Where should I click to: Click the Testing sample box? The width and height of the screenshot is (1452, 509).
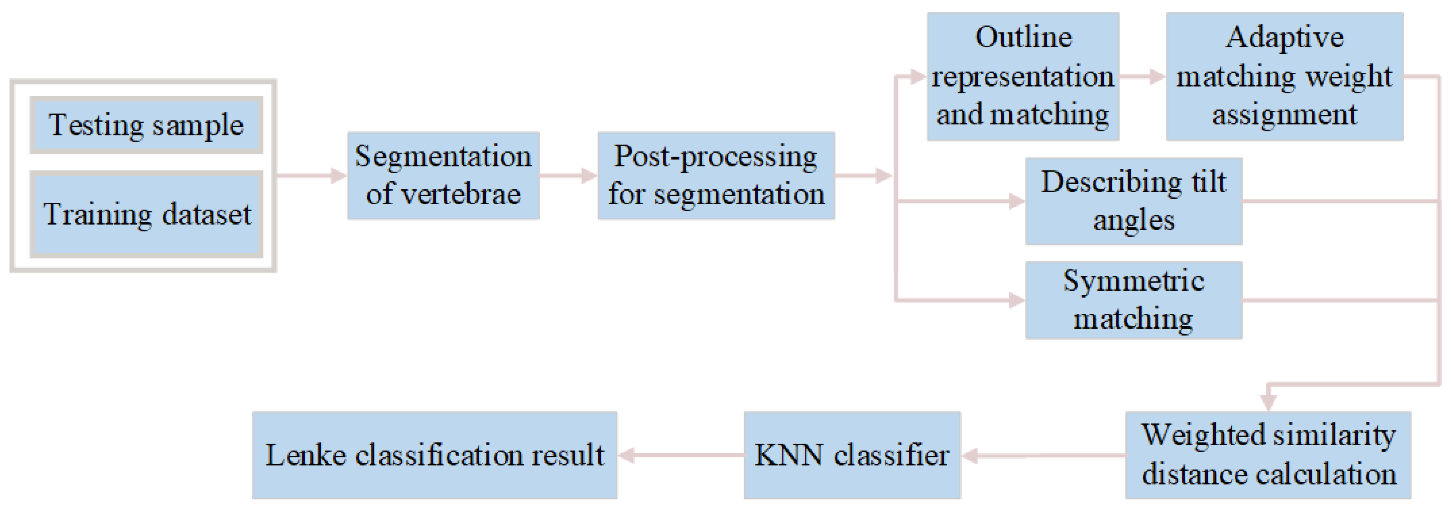pos(146,125)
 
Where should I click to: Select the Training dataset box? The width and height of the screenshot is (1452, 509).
pos(146,214)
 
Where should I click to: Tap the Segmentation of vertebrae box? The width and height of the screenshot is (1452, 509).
pos(443,175)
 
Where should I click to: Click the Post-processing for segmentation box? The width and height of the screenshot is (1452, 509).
pos(716,175)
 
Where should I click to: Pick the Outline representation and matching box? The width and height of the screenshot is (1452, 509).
pos(1023,76)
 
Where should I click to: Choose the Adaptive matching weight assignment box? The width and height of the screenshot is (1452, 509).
pos(1284,76)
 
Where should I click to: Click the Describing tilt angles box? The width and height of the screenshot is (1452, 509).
pos(1133,201)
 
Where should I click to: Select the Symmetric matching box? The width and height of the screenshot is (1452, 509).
pos(1133,300)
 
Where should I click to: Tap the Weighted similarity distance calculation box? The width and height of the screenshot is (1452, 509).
pos(1268,455)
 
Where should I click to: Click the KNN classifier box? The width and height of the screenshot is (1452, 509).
pos(852,455)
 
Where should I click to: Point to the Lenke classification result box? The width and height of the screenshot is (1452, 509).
pos(435,455)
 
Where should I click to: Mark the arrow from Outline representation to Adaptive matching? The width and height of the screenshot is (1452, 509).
pos(1142,76)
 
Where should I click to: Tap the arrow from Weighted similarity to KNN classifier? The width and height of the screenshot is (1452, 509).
pos(1043,455)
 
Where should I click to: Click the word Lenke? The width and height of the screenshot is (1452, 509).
pos(305,455)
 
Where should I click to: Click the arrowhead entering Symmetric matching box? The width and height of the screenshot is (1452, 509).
pos(1017,300)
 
